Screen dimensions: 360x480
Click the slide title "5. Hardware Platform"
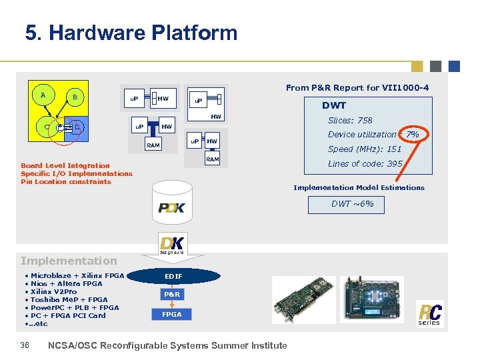(x=131, y=33)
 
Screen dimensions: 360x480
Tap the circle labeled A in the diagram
(x=43, y=95)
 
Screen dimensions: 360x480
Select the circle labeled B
(x=75, y=98)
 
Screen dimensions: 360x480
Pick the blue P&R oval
(x=172, y=294)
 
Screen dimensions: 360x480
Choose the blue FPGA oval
(x=172, y=313)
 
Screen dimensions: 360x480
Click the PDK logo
(x=172, y=209)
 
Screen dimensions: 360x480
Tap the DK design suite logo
(x=172, y=244)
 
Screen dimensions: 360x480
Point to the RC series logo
(x=429, y=314)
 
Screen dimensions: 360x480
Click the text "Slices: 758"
(x=350, y=121)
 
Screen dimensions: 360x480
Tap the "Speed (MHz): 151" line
(x=365, y=149)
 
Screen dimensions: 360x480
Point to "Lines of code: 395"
(x=365, y=163)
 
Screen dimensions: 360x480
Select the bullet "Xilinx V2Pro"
(x=53, y=292)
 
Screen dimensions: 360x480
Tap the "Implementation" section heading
(x=69, y=261)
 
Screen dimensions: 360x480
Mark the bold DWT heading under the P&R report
(x=334, y=105)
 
